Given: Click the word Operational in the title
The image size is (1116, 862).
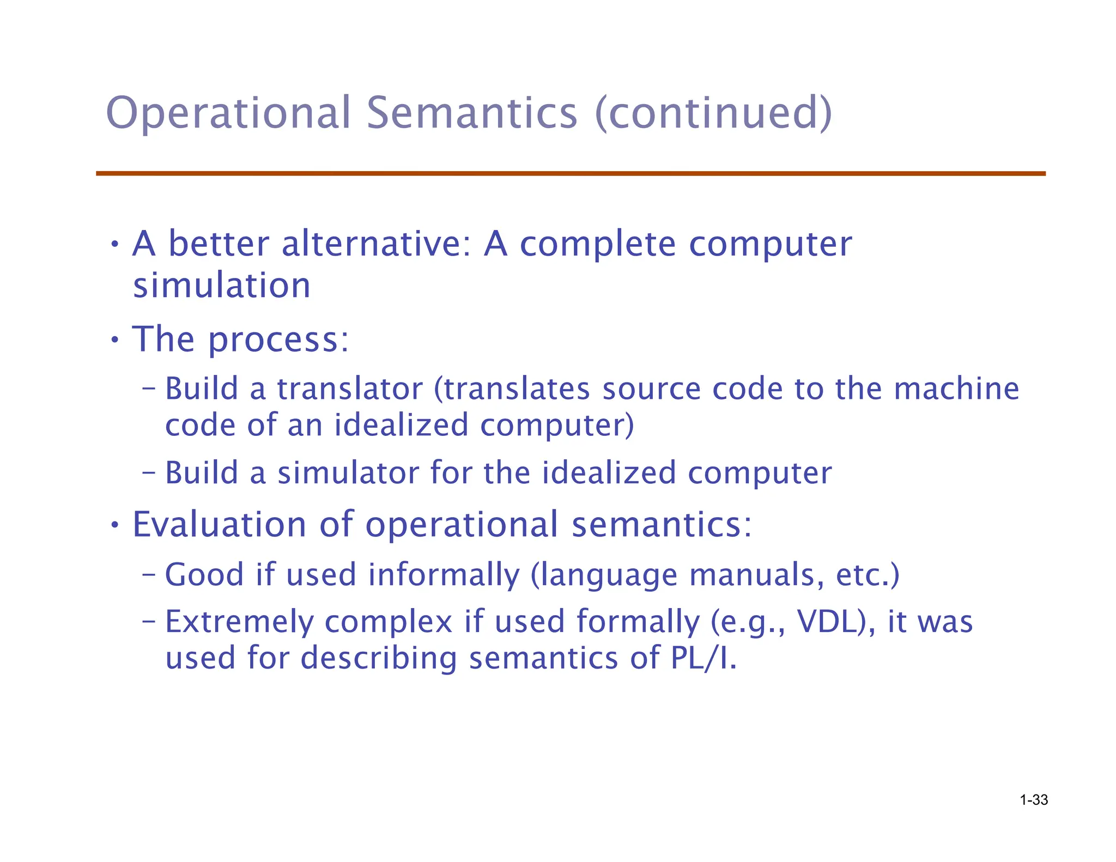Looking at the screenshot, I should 228,113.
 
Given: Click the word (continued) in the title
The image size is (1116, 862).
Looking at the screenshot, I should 713,113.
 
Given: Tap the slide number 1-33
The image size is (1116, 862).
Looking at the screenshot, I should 1034,800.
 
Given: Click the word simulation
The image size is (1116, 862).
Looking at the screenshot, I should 221,286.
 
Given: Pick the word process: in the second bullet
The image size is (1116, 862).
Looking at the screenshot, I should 278,340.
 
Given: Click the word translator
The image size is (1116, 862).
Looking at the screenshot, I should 350,389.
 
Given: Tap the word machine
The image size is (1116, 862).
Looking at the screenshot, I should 956,389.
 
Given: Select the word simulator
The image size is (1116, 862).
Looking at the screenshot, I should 348,472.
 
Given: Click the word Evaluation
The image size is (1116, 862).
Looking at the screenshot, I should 219,524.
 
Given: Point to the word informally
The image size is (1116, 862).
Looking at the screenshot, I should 444,575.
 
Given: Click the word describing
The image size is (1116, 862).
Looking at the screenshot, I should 379,658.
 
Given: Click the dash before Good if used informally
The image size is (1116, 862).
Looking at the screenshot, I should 148,574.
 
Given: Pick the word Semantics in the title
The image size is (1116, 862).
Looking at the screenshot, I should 471,113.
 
